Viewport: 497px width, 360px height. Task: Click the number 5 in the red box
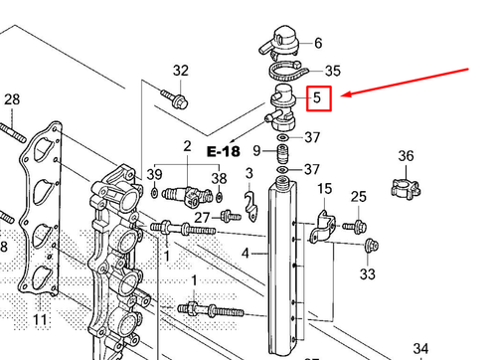coord(318,99)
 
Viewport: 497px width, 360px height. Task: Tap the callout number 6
coord(318,43)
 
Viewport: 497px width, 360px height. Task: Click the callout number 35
coord(333,71)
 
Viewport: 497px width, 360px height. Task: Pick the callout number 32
coord(180,71)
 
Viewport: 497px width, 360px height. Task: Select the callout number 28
coord(12,99)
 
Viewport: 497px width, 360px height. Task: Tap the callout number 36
coord(406,155)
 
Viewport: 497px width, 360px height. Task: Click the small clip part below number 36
coord(406,185)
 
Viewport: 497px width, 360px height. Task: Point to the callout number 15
coord(324,189)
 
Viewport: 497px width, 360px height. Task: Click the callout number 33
coord(368,273)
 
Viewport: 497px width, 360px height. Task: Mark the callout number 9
coord(256,152)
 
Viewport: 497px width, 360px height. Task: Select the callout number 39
coord(154,175)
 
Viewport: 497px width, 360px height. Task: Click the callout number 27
coord(202,217)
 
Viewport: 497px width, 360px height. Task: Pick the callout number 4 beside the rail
coord(246,255)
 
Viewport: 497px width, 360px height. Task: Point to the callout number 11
coord(40,320)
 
